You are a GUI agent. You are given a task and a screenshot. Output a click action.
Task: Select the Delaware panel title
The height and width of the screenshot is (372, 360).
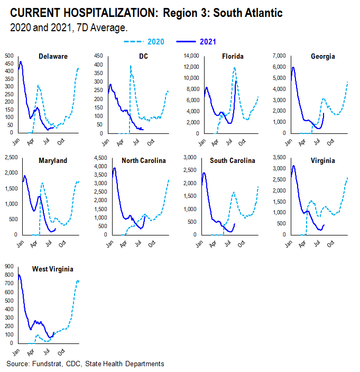pyautogui.click(x=53, y=57)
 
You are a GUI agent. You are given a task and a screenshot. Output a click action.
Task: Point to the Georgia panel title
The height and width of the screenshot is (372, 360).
pyautogui.click(x=324, y=57)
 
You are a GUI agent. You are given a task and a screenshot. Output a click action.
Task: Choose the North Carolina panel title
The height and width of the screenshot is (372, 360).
pyautogui.click(x=144, y=160)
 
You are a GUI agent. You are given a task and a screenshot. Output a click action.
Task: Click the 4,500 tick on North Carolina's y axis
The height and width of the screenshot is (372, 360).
pyautogui.click(x=98, y=158)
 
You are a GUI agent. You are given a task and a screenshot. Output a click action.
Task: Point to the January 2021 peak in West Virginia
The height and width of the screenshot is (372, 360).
pyautogui.click(x=20, y=275)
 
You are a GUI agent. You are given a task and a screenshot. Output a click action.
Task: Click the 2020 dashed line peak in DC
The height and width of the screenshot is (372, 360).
pyautogui.click(x=131, y=67)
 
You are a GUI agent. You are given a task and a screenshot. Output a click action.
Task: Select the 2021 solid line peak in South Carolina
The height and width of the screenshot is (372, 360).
pyautogui.click(x=204, y=173)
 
